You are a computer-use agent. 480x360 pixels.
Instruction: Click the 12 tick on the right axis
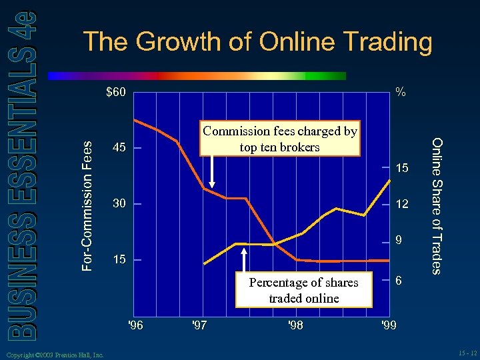[x=402, y=203]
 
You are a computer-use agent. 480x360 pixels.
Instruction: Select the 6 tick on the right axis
[x=398, y=281]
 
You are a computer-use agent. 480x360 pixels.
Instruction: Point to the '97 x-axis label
[x=199, y=326]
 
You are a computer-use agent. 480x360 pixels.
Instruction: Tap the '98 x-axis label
[x=294, y=326]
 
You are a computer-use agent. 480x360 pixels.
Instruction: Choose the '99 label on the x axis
[x=388, y=326]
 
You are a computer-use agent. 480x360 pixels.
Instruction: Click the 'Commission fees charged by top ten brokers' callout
[x=280, y=139]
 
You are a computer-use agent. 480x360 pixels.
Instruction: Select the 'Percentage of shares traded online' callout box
[x=303, y=290]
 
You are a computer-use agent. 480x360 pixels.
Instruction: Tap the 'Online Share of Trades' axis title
[x=437, y=205]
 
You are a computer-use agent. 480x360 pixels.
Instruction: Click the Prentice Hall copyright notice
[x=53, y=355]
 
